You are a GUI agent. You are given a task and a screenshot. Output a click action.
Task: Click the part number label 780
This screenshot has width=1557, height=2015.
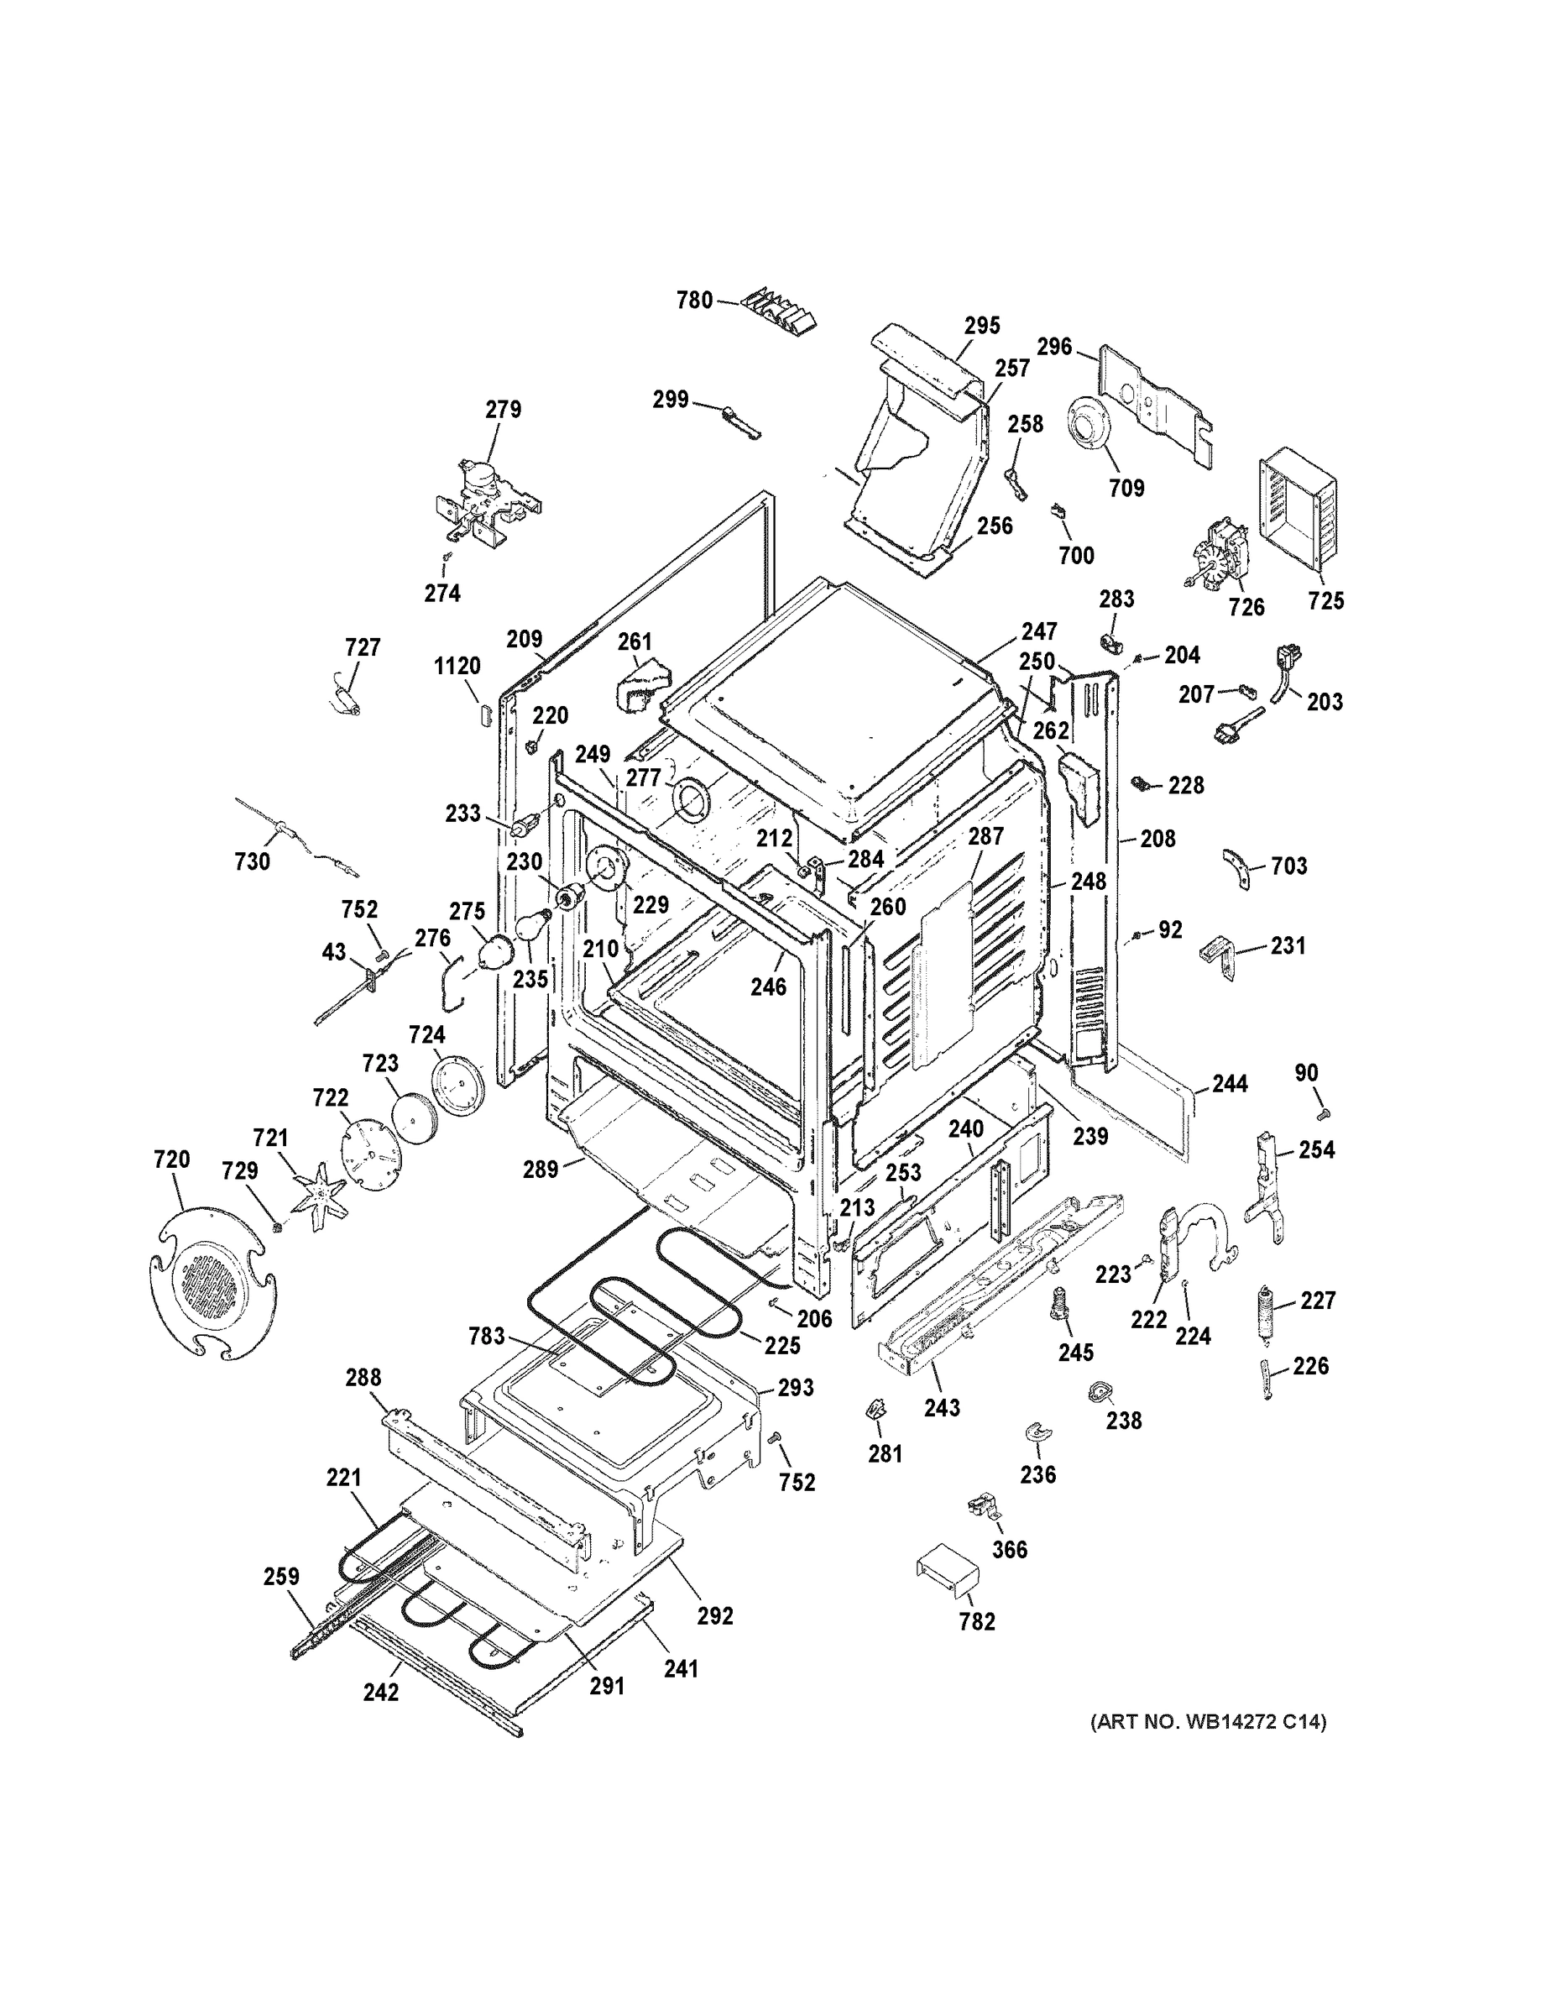point(694,300)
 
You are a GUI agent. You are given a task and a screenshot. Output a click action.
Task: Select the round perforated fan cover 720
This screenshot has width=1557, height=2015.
point(212,1284)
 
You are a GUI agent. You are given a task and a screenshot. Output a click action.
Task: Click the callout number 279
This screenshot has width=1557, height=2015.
point(504,409)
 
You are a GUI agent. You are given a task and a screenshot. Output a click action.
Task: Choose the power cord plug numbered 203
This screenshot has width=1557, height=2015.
point(1283,669)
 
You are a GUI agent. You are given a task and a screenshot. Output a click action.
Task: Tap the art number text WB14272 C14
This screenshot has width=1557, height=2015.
point(1209,1720)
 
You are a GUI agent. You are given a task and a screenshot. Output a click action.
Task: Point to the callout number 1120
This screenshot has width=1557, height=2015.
point(457,666)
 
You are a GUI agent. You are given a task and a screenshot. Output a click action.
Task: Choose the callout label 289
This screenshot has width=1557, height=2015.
point(541,1169)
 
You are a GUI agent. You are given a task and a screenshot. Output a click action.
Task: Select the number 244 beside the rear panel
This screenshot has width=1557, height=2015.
point(1230,1083)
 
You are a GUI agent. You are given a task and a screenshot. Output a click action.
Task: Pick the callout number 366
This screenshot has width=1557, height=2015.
point(1009,1549)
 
